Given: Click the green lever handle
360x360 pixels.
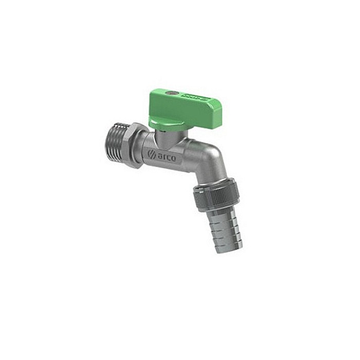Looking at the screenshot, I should [x=180, y=105].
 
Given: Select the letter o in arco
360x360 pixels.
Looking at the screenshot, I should [x=172, y=159].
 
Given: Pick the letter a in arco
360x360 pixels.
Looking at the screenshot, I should [x=159, y=155].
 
